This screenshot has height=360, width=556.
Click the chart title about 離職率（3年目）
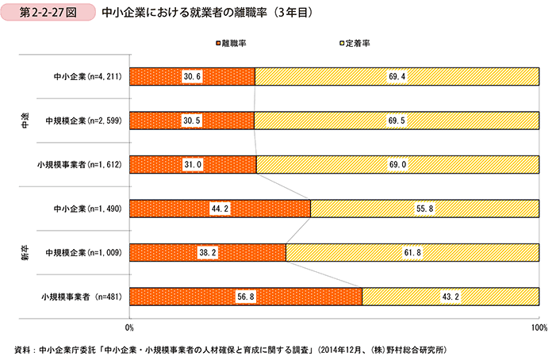pyautogui.click(x=210, y=13)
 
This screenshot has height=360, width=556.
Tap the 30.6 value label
pyautogui.click(x=192, y=76)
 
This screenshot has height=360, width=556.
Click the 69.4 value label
pyautogui.click(x=397, y=76)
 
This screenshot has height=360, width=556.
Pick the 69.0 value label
pyautogui.click(x=397, y=164)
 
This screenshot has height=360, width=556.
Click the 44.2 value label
pyautogui.click(x=219, y=209)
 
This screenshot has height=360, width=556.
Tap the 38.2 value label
pyautogui.click(x=207, y=252)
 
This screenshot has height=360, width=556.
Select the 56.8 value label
pyautogui.click(x=245, y=297)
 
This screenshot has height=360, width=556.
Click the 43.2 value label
pyautogui.click(x=450, y=297)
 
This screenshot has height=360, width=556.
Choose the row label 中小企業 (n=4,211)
pyautogui.click(x=81, y=76)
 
